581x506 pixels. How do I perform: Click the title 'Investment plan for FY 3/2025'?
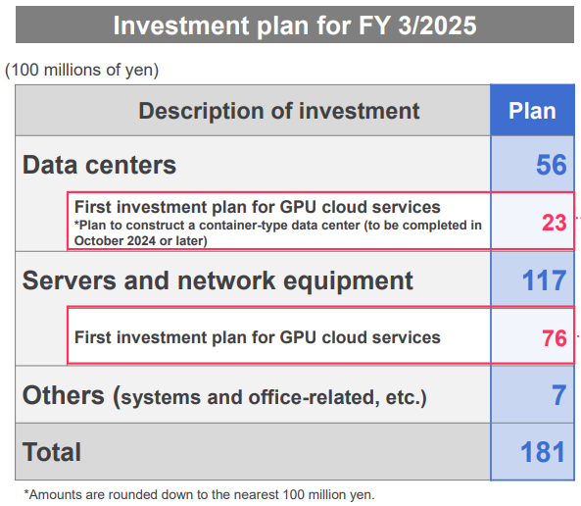(x=295, y=25)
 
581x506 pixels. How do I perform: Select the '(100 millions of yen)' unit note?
(x=82, y=70)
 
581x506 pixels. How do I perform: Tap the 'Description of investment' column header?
(x=278, y=111)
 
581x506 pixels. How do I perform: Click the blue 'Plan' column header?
(x=532, y=111)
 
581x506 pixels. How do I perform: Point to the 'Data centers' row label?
(x=99, y=165)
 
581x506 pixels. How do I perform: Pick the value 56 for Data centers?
(x=552, y=165)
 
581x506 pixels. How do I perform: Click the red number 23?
(x=555, y=223)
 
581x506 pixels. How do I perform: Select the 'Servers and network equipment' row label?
(x=218, y=280)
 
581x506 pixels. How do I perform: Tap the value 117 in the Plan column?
(x=544, y=280)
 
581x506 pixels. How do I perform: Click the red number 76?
(x=555, y=338)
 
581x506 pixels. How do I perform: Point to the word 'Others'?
(x=64, y=395)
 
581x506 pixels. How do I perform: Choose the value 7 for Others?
(x=559, y=395)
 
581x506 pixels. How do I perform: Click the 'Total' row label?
(x=52, y=452)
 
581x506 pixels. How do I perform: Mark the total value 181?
(x=543, y=452)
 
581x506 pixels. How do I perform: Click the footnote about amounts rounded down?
(x=199, y=495)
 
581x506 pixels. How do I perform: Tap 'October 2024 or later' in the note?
(x=141, y=241)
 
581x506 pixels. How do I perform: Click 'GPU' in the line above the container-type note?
(x=299, y=207)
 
